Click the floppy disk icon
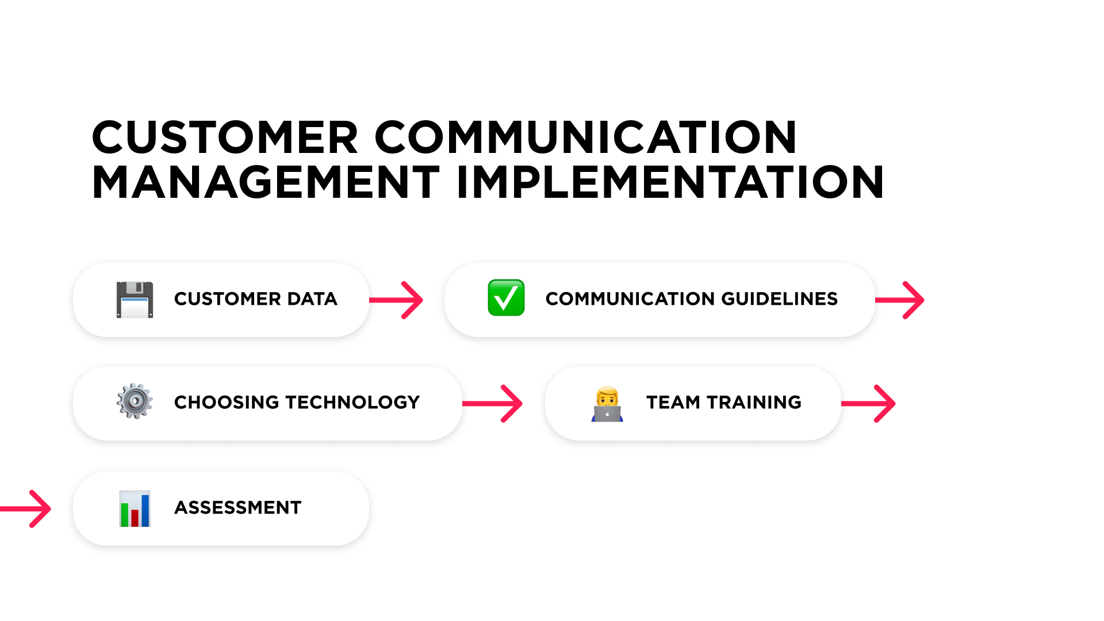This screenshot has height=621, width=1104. (135, 300)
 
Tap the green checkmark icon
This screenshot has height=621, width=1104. (506, 298)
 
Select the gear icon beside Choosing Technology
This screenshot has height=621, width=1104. (135, 401)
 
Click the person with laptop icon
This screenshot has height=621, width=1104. (607, 404)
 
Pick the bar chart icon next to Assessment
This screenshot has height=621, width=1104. (135, 509)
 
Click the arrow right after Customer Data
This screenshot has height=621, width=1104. (396, 300)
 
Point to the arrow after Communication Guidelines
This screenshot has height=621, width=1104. (900, 300)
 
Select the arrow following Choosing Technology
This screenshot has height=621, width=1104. (492, 404)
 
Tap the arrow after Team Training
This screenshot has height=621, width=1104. (868, 404)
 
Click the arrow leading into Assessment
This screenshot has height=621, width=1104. (25, 509)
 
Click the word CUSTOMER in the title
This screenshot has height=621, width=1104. (225, 137)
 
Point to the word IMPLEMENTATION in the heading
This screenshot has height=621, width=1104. (670, 182)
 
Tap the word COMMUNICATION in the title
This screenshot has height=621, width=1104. (586, 137)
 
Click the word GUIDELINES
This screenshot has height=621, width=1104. (779, 299)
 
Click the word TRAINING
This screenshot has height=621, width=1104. (754, 402)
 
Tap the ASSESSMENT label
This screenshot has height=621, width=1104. (238, 508)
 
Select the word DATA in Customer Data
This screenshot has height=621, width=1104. (312, 299)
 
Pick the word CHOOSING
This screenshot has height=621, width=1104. (227, 402)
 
